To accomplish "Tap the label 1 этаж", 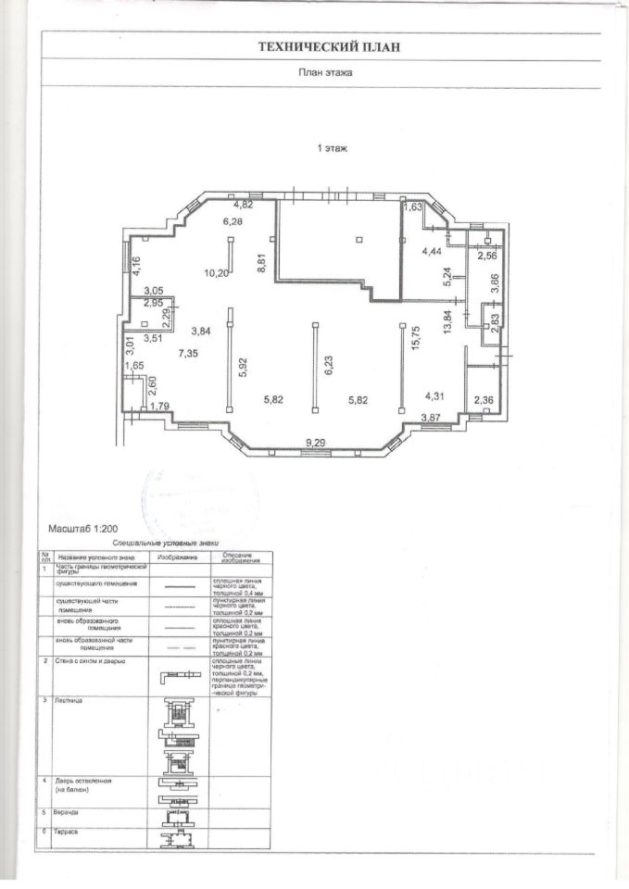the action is click(x=332, y=147).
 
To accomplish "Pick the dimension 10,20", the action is click(x=216, y=272).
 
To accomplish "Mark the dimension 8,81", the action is click(x=263, y=262).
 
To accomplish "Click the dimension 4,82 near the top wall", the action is click(x=243, y=204).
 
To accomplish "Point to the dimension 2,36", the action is click(x=484, y=400).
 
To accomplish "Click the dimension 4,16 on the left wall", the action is click(x=136, y=268).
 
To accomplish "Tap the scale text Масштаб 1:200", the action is click(x=81, y=528).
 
